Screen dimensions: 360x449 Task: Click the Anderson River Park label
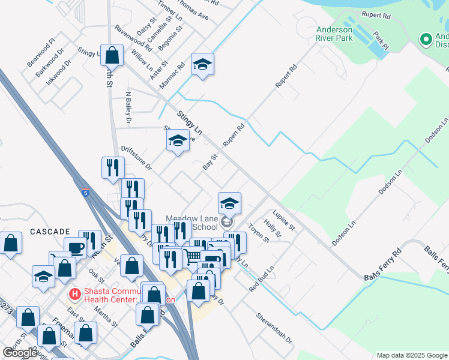[x=334, y=34]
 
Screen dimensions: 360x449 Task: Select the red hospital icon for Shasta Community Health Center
[x=74, y=294]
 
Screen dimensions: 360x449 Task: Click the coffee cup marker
[x=76, y=248]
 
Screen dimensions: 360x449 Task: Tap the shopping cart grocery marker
[x=193, y=257]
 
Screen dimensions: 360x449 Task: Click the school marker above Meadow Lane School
[x=229, y=203]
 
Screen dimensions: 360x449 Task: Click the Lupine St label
[x=283, y=220]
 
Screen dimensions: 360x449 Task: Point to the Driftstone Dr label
[x=136, y=157]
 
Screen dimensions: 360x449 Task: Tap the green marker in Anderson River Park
[x=426, y=40]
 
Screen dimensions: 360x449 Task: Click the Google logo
[x=20, y=353]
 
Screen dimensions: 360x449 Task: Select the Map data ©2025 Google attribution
[x=412, y=355]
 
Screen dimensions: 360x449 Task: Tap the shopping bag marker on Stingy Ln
[x=112, y=56]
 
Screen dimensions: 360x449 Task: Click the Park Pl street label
[x=381, y=41]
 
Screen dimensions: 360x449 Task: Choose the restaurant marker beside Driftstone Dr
[x=112, y=167]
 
